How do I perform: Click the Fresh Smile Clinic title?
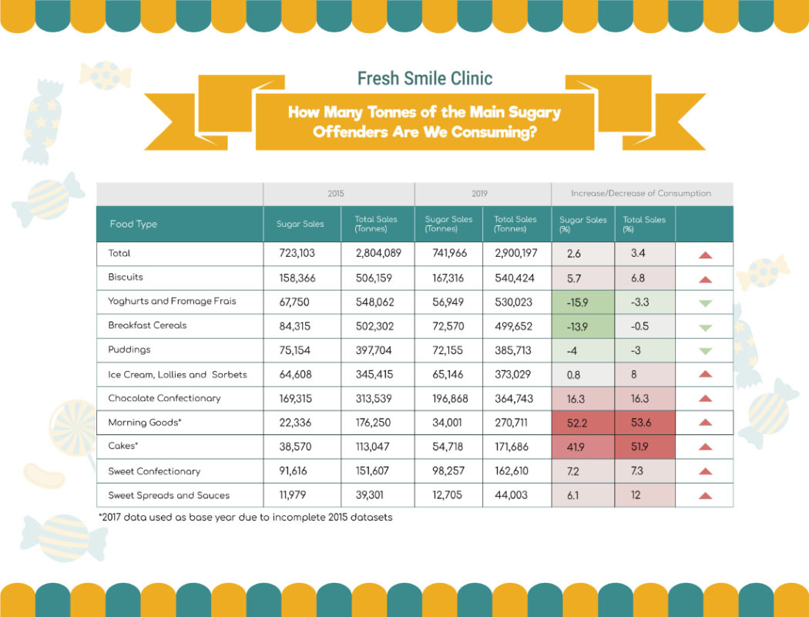[425, 78]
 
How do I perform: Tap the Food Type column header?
[133, 224]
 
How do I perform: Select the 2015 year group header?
[336, 194]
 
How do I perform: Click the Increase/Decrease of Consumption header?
[640, 194]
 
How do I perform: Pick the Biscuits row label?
[126, 277]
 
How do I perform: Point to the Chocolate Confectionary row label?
[164, 399]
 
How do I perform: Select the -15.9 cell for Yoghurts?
[577, 302]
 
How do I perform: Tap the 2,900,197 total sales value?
[515, 253]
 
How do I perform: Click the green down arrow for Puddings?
[704, 351]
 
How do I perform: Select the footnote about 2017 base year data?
[245, 518]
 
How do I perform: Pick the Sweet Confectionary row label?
[154, 471]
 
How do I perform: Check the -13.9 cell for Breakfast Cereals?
[577, 326]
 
